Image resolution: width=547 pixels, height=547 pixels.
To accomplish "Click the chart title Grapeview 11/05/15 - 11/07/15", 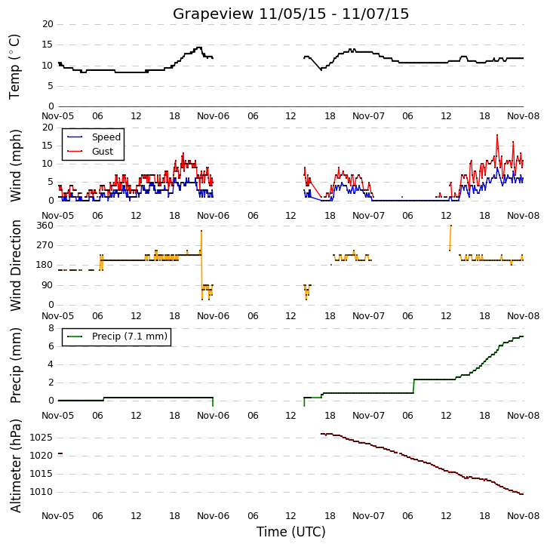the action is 290,14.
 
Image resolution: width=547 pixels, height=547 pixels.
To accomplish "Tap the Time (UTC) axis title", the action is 290,532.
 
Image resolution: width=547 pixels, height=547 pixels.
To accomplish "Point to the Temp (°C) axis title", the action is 14,66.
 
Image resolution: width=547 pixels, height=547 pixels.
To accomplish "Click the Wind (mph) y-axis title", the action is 15,165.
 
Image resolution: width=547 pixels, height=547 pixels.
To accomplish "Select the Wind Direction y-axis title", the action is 15,266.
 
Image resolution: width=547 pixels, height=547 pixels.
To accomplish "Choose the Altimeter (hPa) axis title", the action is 15,466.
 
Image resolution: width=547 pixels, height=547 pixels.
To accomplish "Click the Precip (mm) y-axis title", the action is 15,365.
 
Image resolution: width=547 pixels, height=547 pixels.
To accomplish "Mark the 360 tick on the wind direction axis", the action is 45,226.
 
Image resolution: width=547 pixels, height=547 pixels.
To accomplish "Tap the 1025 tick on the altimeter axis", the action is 41,438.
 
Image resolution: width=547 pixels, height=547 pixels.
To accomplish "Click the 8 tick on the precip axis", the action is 51,328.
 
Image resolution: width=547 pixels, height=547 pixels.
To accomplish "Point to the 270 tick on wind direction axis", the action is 45,245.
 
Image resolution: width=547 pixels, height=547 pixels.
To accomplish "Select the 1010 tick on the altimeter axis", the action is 41,492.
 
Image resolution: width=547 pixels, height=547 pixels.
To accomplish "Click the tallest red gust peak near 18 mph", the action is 497,135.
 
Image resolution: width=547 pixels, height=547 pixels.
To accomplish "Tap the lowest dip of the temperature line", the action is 321,69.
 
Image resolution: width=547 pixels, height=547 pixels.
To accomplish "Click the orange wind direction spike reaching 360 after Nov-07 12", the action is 450,238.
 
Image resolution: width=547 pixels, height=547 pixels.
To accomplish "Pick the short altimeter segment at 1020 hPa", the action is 60,453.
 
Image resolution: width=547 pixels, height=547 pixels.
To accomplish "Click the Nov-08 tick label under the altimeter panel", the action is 523,515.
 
